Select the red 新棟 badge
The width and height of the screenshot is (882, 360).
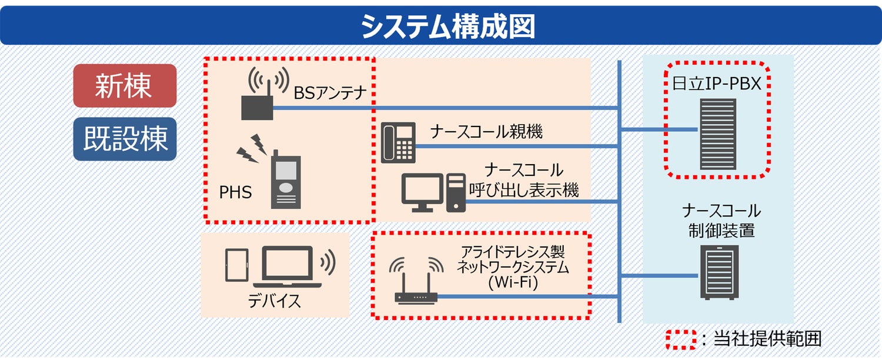coord(125,86)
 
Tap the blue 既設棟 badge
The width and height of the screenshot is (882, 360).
coord(125,139)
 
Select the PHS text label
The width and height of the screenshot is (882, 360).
coord(235,192)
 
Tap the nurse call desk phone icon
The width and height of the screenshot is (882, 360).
coord(397,142)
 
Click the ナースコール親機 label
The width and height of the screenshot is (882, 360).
coord(486,132)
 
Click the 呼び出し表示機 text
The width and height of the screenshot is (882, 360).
coord(523,189)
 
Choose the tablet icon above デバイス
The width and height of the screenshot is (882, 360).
coord(237,265)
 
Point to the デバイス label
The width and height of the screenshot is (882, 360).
coord(274,301)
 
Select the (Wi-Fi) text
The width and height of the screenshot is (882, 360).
coord(513,282)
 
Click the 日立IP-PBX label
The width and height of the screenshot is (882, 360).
coord(717,84)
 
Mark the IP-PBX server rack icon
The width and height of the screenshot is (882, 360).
coord(717,134)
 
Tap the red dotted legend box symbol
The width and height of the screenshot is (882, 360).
coord(681,338)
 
